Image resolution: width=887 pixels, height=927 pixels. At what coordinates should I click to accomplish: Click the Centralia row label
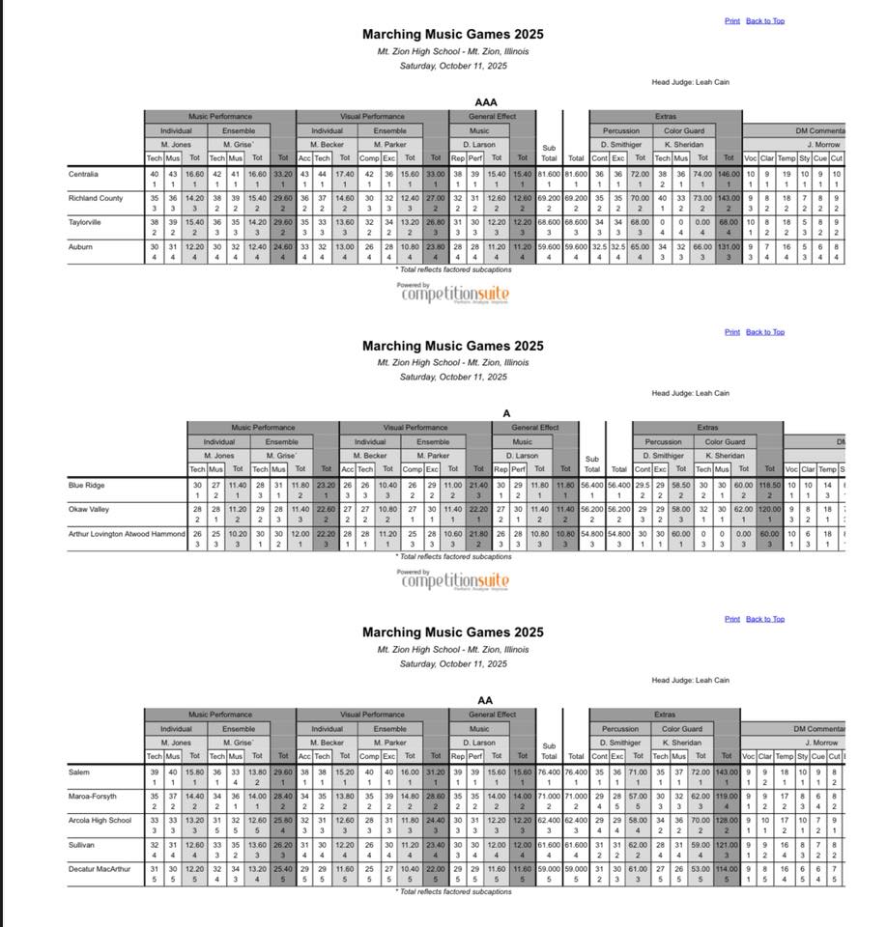pos(84,174)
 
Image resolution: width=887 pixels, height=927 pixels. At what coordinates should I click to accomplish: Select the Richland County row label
pos(96,198)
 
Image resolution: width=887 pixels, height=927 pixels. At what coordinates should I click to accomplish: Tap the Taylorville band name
pos(86,222)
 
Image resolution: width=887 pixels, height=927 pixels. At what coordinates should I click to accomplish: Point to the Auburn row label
pos(80,246)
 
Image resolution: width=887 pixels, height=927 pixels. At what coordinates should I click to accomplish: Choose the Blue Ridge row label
pos(86,485)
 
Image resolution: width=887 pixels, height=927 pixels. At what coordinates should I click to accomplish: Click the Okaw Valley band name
pos(89,509)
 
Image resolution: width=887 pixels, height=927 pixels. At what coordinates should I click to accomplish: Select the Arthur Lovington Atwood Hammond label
pos(126,533)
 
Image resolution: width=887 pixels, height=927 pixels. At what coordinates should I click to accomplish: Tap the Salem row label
pos(79,772)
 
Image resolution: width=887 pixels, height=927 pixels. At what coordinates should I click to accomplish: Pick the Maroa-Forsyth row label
pos(94,796)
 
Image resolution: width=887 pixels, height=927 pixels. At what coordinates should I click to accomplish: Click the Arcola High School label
pos(100,820)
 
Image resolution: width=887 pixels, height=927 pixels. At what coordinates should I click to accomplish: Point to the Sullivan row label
pos(83,844)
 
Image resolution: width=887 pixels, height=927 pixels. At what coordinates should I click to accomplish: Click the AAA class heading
pos(485,101)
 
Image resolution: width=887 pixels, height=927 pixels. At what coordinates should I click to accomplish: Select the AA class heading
pos(485,700)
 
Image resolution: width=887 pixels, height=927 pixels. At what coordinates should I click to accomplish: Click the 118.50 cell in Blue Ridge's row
pos(769,485)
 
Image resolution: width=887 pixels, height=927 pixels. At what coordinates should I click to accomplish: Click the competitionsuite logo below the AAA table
pos(453,293)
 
